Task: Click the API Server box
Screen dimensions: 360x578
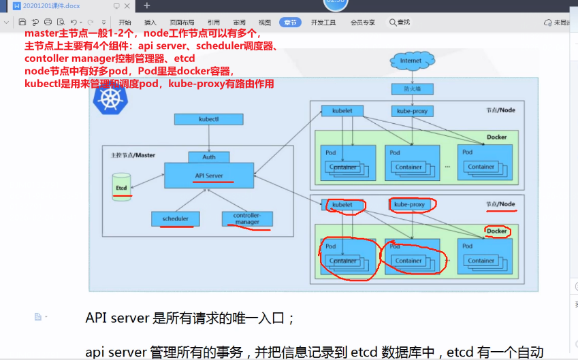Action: [208, 176]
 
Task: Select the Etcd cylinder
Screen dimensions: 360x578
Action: [121, 185]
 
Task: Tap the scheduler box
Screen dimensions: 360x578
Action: [175, 218]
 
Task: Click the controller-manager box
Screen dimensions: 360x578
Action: [246, 218]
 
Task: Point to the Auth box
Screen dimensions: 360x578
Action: [208, 157]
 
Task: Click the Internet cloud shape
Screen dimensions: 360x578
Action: [411, 61]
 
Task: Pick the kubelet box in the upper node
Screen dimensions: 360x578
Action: [342, 110]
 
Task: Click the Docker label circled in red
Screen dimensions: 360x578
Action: [496, 231]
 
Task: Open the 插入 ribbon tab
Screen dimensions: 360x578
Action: [150, 22]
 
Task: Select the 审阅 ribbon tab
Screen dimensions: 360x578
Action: [239, 22]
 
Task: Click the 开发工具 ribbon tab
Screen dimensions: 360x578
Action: [323, 22]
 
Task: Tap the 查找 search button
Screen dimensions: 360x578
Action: [400, 22]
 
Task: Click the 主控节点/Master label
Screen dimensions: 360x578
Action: [133, 155]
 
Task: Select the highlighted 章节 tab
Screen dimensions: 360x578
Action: [291, 22]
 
